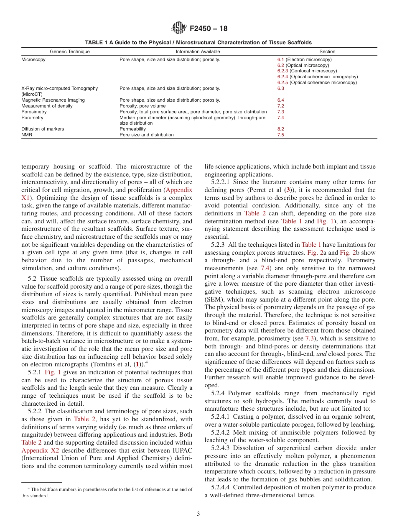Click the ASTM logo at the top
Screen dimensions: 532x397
click(179, 28)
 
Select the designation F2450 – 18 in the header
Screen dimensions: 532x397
click(209, 29)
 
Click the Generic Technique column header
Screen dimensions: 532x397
click(70, 51)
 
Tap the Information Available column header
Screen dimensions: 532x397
click(198, 51)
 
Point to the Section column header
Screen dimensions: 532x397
click(327, 51)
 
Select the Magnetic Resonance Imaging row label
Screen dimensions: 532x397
click(53, 100)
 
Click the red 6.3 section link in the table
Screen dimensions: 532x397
click(280, 89)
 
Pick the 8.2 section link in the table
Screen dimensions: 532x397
click(280, 129)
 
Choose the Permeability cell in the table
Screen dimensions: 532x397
click(132, 129)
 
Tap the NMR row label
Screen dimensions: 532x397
click(27, 135)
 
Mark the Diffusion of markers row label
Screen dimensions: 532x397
click(43, 129)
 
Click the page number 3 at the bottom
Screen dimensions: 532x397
click(198, 514)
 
